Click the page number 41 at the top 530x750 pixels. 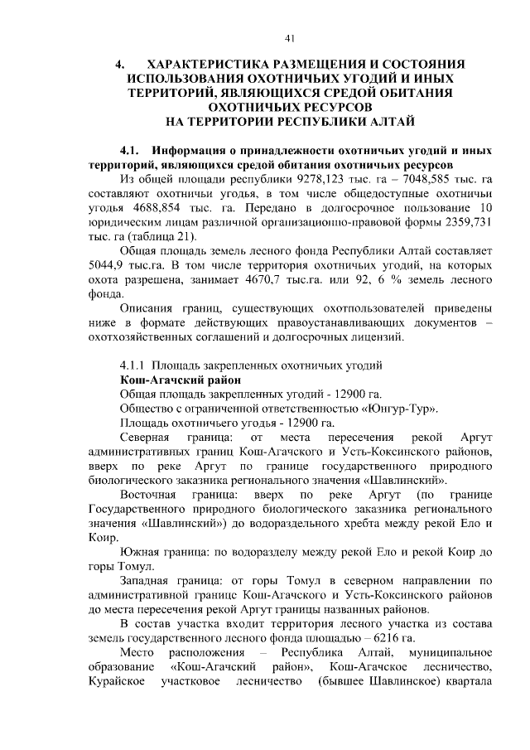click(x=289, y=37)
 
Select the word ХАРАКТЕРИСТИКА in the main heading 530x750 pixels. click(x=214, y=64)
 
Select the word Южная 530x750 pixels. click(x=139, y=551)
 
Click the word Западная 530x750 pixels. click(x=146, y=580)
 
